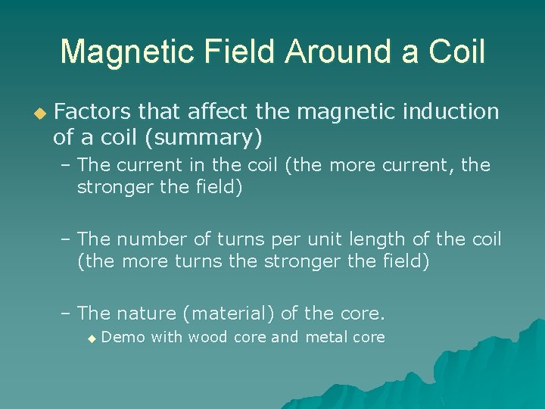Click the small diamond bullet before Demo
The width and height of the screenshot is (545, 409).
click(92, 339)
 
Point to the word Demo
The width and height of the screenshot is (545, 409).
click(123, 338)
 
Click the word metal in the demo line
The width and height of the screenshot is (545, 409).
click(326, 338)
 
